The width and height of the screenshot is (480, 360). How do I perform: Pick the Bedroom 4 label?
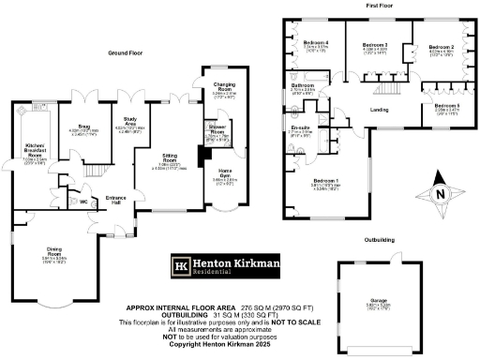click(x=316, y=43)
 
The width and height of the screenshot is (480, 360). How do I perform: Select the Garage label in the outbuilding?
click(x=379, y=301)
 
